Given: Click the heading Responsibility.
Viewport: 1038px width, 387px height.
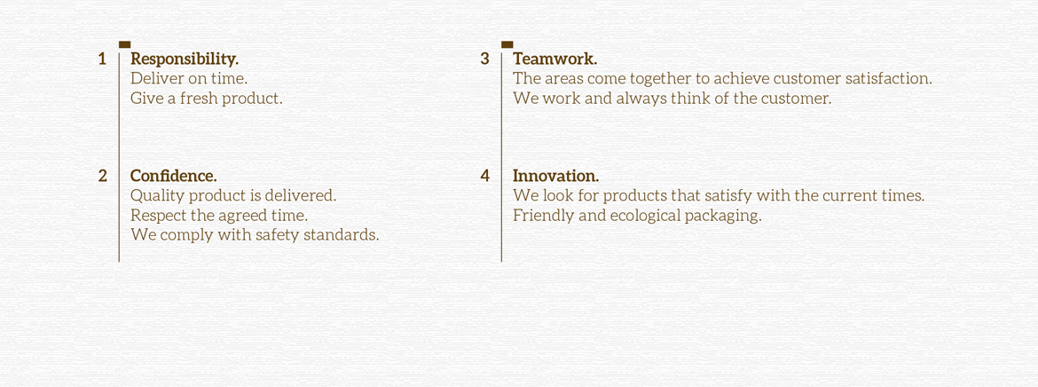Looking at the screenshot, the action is coord(185,59).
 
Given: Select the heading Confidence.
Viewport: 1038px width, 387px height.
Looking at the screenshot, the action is coord(173,177).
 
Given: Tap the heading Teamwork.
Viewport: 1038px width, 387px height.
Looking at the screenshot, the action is coord(554,59).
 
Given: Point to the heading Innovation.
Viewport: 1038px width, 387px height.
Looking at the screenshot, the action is coord(556,177).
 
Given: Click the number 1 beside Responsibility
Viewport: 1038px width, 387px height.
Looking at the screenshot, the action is coord(102,59).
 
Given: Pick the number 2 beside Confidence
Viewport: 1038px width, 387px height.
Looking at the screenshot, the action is coord(103,177).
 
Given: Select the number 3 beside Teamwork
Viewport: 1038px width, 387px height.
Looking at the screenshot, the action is coord(485,59).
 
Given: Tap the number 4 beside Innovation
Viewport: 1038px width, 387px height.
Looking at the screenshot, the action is coord(485,177).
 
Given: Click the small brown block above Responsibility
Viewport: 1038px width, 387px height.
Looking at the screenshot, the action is coord(124,44).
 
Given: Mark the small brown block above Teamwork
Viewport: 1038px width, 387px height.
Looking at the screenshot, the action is coord(507,44).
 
